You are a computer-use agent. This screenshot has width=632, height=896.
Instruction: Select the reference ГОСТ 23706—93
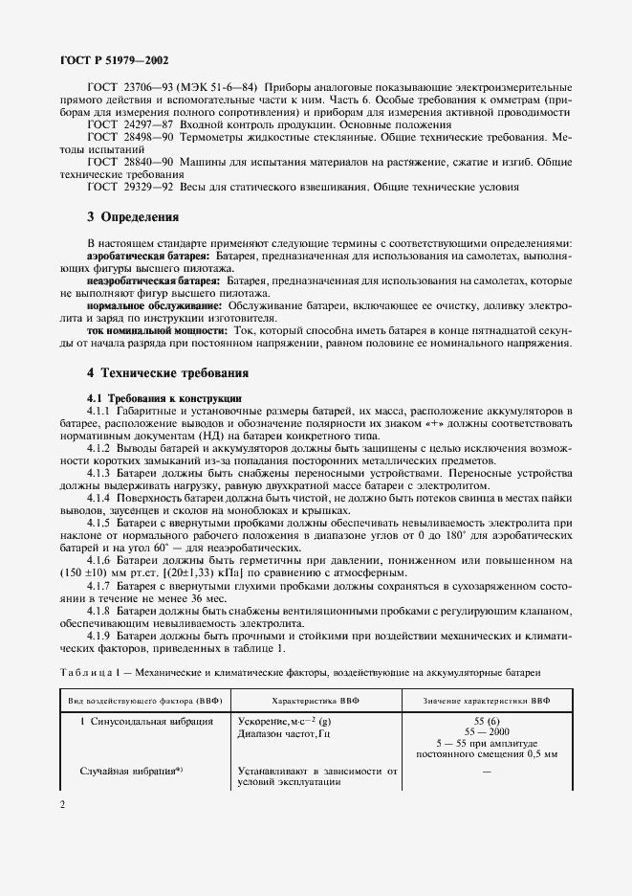pos(124,88)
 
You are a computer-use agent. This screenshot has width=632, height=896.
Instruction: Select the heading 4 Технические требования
pos(167,371)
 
